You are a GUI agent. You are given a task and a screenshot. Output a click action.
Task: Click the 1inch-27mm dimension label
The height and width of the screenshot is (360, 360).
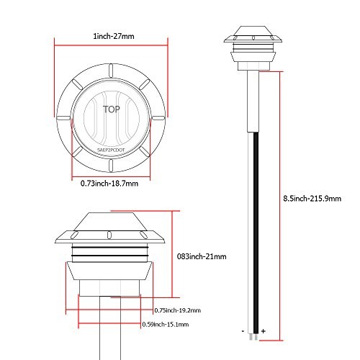[x=114, y=36]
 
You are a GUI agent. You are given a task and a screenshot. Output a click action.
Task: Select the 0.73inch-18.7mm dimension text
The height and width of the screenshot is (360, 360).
[x=109, y=184]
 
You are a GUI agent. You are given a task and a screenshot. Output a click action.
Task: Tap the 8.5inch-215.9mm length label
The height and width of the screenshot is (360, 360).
[x=312, y=199]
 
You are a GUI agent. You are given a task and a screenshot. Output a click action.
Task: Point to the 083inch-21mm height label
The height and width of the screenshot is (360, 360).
[x=202, y=256]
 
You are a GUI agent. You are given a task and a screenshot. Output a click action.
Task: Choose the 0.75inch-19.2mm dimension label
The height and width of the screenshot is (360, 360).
[x=178, y=310]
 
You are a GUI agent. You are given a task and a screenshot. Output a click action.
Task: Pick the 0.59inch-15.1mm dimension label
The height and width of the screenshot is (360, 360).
[x=166, y=325]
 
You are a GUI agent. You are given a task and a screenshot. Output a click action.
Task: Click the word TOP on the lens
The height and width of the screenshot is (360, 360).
[x=112, y=109]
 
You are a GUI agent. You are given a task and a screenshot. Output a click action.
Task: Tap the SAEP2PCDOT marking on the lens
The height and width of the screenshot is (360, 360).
[x=111, y=150]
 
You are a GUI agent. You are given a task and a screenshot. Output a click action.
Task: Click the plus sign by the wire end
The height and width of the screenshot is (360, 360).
[x=264, y=331]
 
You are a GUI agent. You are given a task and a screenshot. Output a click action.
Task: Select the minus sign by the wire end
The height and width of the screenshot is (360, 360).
[x=243, y=331]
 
